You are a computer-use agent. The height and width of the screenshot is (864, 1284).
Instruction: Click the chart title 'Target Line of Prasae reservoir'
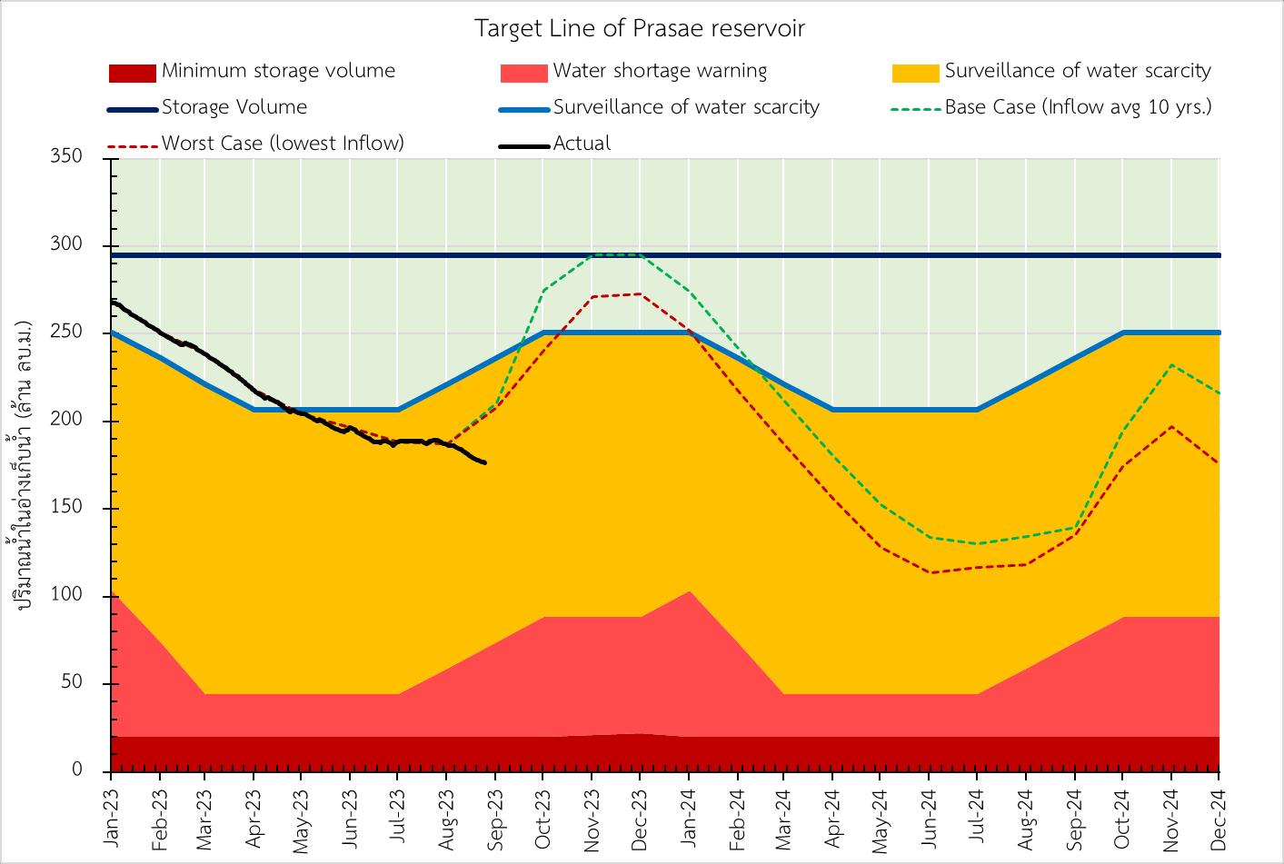[x=641, y=28]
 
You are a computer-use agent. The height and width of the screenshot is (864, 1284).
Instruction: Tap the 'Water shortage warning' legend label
[x=660, y=71]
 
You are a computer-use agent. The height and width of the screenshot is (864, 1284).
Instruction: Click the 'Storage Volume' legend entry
[x=234, y=107]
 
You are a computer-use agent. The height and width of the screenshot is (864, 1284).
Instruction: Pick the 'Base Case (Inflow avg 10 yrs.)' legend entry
[x=1078, y=107]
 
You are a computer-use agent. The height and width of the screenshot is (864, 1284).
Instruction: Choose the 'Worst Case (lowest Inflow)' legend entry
[x=283, y=144]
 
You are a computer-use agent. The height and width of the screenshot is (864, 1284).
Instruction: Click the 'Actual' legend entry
[x=582, y=144]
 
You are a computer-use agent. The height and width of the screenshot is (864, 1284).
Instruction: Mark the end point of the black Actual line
[x=484, y=462]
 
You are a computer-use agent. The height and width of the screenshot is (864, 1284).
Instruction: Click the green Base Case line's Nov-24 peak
[x=1171, y=365]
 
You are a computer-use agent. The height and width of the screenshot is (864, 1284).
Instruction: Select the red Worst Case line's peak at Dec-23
[x=640, y=293]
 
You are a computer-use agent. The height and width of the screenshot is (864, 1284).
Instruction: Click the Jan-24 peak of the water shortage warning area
[x=689, y=591]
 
